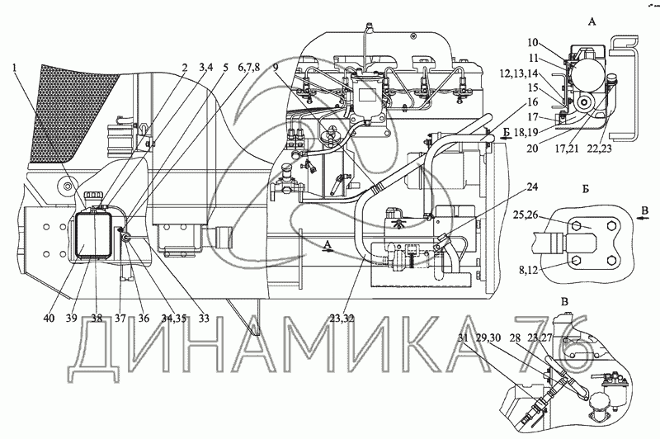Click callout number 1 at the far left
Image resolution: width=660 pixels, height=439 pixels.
click(x=16, y=69)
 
